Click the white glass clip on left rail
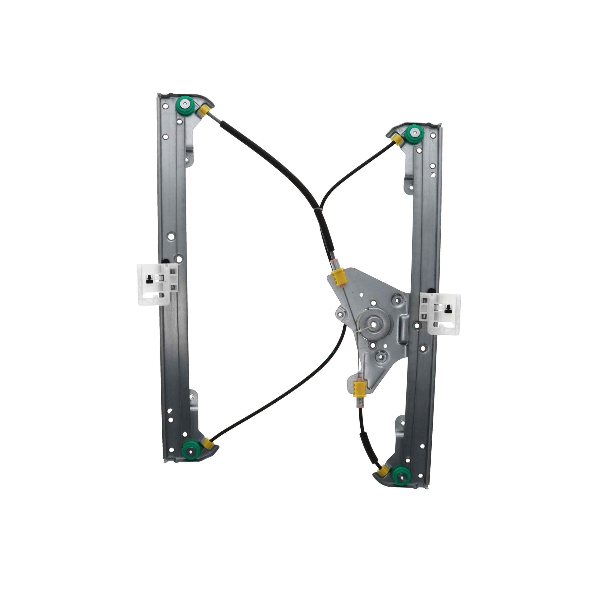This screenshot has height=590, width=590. [x=154, y=284]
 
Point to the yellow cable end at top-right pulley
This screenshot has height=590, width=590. [x=398, y=139]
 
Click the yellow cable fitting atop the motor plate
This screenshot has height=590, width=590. [x=337, y=277]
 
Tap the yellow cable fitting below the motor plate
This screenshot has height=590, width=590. [x=358, y=388]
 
